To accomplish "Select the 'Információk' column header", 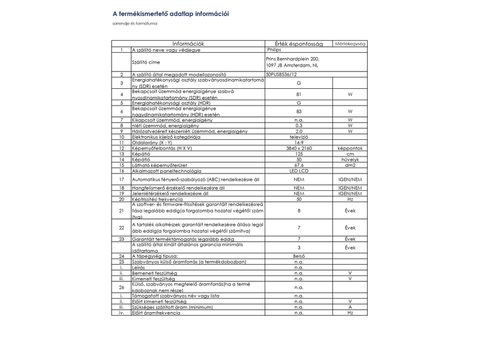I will pos(188,43).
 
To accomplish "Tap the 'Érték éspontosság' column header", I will pos(298,43).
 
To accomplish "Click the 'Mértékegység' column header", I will pos(350,43).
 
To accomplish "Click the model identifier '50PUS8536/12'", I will pos(281,74).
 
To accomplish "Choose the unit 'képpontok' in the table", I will pos(350,148).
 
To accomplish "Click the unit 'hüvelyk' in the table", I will pos(350,159).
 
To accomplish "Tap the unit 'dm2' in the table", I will pos(350,165).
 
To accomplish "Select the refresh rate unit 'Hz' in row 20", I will pos(350,199).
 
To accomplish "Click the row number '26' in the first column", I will pos(121,287).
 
